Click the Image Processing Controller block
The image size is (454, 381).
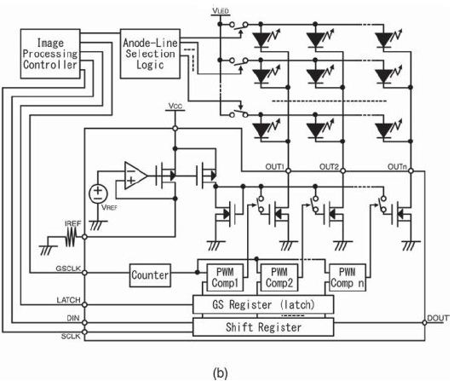coord(50,54)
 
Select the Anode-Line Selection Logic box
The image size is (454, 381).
coord(150,54)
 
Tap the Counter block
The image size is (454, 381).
coord(150,275)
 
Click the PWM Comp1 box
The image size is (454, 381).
coord(225,278)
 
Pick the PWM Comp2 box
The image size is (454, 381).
coord(279,278)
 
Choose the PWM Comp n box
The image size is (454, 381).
coord(348,278)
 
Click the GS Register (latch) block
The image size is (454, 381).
coord(263,304)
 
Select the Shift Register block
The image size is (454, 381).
coord(263,327)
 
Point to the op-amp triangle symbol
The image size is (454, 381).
coord(135,176)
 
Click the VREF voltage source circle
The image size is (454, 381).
coord(98,194)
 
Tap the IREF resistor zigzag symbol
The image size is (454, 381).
coord(71,237)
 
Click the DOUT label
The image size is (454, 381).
coord(438,318)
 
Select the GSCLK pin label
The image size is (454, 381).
coord(68,268)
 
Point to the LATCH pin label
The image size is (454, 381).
coord(68,300)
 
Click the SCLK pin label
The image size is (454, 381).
coord(71,337)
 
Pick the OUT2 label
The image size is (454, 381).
coord(329,167)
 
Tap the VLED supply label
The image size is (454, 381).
coord(221,11)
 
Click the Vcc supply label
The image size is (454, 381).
coord(175,106)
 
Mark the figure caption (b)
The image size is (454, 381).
coord(220,372)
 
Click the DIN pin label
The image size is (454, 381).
coord(73,318)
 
